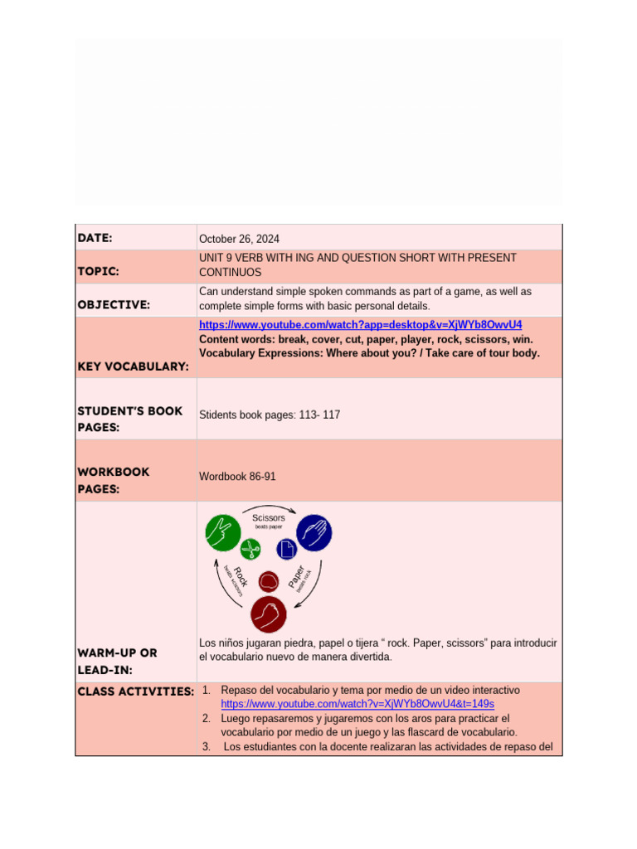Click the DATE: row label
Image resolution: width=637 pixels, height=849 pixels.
[x=95, y=238]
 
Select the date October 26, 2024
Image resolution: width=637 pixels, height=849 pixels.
[x=239, y=239]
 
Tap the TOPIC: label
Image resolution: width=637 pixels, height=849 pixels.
[x=99, y=271]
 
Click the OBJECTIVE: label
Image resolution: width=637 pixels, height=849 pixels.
[x=114, y=304]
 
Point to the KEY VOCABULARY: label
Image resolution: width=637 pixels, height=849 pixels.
[x=133, y=366]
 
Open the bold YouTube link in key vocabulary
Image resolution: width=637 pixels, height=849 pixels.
[x=360, y=324]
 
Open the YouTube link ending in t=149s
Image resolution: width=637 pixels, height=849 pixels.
[x=357, y=703]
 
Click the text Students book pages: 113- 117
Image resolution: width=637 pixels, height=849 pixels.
[x=270, y=415]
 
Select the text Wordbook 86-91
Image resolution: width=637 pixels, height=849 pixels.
[x=237, y=477]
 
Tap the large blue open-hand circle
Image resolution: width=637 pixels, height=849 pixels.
[x=314, y=532]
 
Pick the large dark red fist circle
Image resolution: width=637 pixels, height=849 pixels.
[x=269, y=614]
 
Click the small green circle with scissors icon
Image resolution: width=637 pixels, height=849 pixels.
[x=250, y=548]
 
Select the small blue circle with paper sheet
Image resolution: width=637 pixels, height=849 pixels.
[x=287, y=549]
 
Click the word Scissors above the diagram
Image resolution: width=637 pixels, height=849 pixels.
[x=268, y=518]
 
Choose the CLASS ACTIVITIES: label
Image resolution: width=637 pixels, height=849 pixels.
[x=135, y=691]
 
